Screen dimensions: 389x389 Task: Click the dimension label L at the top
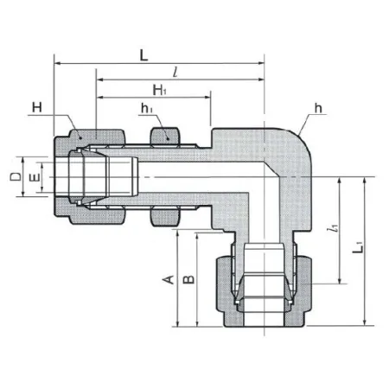(143, 55)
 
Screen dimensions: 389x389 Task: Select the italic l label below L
(175, 72)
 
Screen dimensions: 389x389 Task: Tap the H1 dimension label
(159, 90)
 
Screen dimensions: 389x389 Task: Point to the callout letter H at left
(37, 107)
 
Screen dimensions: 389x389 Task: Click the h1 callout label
(147, 108)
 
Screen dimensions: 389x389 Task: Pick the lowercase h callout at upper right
(318, 108)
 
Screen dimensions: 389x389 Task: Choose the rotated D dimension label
(16, 176)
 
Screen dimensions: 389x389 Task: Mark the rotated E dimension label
(35, 178)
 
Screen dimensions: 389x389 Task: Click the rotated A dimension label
(169, 279)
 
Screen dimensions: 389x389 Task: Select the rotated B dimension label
(189, 279)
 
